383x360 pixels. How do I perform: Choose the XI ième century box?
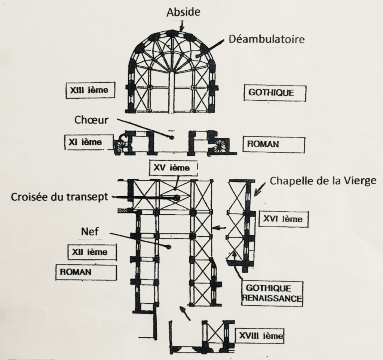pos(89,142)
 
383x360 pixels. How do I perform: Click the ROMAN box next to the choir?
pos(273,144)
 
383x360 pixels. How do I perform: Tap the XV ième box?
pos(174,168)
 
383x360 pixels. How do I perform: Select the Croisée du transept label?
pos(59,196)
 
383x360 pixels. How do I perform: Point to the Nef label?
pos(90,232)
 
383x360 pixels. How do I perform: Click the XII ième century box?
pos(92,252)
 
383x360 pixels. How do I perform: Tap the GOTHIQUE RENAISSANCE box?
pos(272,293)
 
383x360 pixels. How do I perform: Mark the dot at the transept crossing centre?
pos(177,197)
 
